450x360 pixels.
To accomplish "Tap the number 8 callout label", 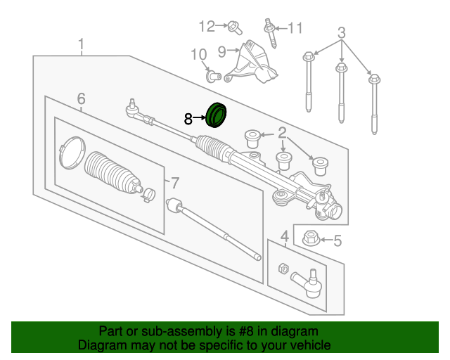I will tap(188, 120).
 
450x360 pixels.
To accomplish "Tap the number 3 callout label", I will tap(342, 32).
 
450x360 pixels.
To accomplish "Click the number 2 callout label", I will tap(282, 132).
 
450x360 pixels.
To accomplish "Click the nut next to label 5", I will tap(310, 239).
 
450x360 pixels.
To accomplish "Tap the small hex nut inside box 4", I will tap(283, 268).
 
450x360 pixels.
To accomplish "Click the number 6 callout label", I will tap(81, 98).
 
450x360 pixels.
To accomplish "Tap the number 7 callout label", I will tap(176, 184).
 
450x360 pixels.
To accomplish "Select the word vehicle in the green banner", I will tap(307, 345).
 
